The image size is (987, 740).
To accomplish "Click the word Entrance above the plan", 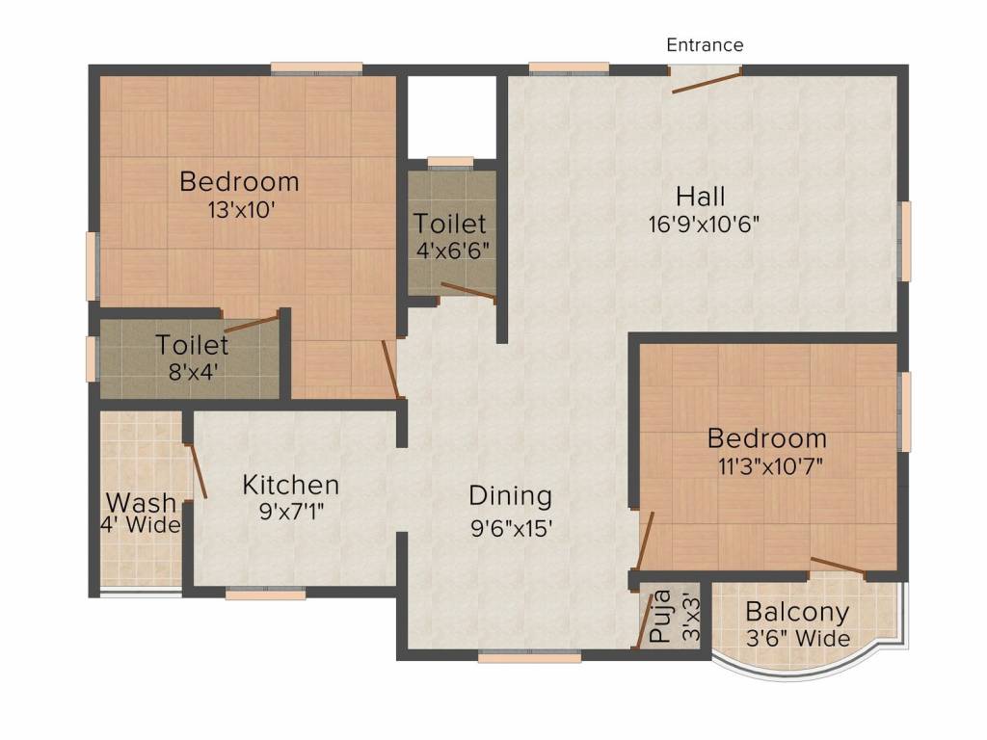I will (x=705, y=45).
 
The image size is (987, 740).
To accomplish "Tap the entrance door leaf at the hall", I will (x=706, y=80).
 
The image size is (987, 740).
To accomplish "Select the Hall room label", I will (x=700, y=197).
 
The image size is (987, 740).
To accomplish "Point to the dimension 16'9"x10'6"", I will (x=705, y=225).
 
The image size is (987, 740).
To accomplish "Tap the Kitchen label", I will (x=290, y=485).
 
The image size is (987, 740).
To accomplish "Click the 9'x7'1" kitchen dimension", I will (x=290, y=512).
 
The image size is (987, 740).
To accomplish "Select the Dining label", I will (x=510, y=496).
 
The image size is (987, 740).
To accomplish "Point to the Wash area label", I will (x=141, y=502).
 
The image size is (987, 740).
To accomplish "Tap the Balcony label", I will (x=797, y=612).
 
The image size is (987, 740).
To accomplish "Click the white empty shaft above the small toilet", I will (x=451, y=114).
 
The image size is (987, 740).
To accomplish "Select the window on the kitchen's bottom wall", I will (x=265, y=594).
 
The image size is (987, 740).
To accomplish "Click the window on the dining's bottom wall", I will (x=529, y=657).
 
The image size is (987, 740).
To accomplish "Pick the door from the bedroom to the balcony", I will (x=837, y=566).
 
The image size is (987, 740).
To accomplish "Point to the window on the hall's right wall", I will (x=904, y=241).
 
